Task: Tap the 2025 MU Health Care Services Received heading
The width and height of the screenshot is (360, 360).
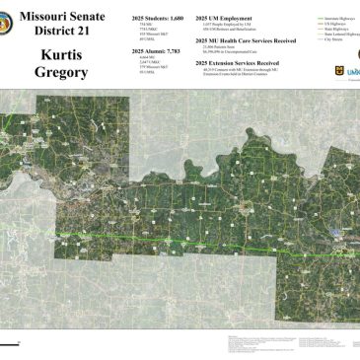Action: click(x=244, y=39)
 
